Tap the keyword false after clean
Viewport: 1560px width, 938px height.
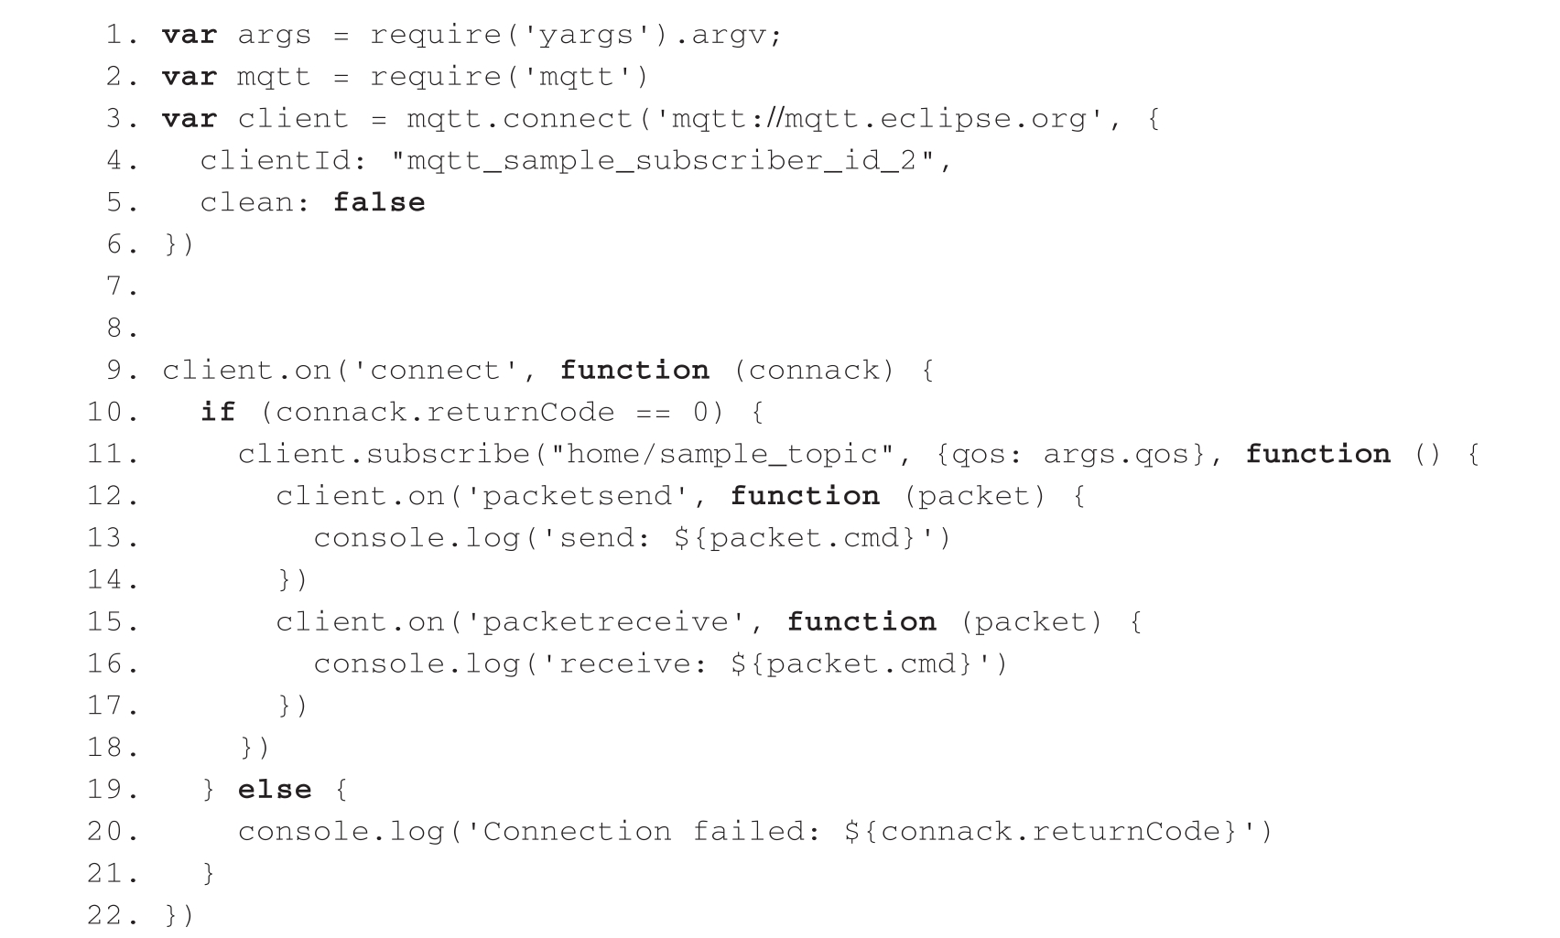[x=379, y=202]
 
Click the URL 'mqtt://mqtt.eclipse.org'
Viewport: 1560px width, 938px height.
[x=880, y=119]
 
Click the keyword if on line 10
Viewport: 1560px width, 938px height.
[x=218, y=412]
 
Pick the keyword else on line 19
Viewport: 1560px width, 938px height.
[x=275, y=790]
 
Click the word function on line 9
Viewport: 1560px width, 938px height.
[x=634, y=371]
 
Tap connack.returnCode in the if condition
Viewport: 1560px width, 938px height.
[x=444, y=412]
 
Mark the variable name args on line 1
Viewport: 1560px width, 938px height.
[x=274, y=36]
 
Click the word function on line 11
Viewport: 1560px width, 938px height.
[x=1317, y=455]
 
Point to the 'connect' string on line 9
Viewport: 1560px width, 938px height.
[x=435, y=371]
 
